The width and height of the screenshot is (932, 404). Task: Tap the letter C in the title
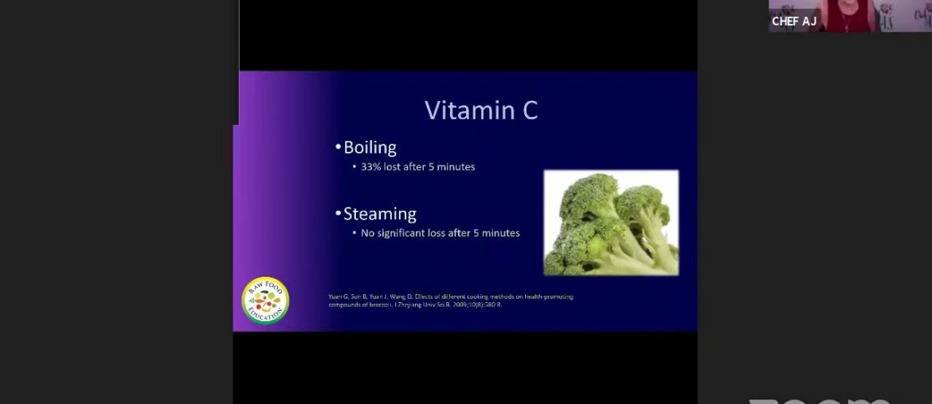(530, 110)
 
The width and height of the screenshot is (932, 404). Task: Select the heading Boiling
(370, 147)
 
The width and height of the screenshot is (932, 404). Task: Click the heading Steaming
(380, 214)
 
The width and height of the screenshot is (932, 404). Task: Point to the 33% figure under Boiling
(371, 167)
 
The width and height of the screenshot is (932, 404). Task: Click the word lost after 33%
(392, 167)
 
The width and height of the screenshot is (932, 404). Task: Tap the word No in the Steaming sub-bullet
(367, 233)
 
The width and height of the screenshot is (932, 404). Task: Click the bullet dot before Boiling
(338, 148)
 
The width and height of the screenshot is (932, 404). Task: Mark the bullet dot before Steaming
(338, 215)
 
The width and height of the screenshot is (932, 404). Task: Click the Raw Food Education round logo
(265, 301)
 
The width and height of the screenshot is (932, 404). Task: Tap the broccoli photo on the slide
(611, 223)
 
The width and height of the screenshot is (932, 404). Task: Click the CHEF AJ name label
(794, 21)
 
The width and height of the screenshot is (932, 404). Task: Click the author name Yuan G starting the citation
(337, 297)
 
